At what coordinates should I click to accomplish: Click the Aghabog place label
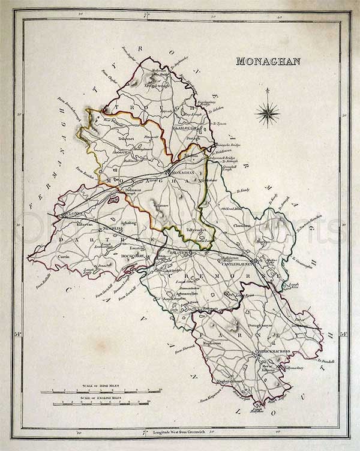point(128,223)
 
